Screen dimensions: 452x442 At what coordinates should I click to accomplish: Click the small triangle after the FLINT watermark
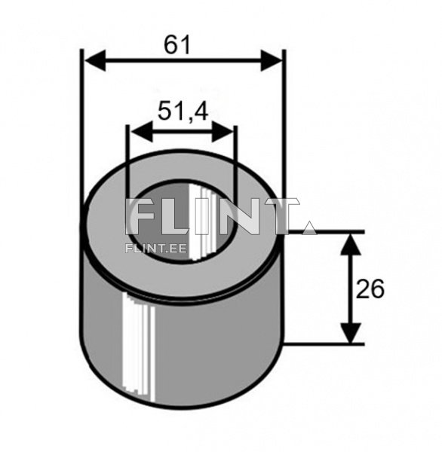308,227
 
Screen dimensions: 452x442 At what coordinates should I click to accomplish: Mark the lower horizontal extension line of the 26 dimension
324,344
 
